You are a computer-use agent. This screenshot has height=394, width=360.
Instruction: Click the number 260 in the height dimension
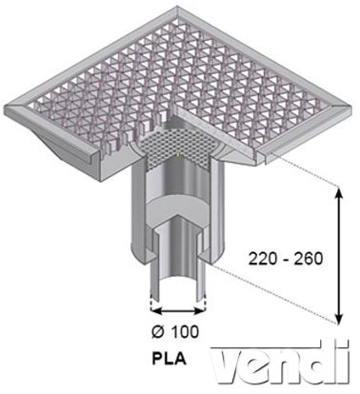coord(308,259)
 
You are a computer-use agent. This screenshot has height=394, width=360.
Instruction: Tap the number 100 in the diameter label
coord(185,332)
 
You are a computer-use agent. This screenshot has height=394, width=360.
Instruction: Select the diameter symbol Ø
coord(159,332)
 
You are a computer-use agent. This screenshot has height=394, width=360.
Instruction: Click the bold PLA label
coord(169,359)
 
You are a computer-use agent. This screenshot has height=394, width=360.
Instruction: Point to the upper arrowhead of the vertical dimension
coord(339,193)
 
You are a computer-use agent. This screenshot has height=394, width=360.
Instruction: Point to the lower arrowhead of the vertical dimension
coord(339,317)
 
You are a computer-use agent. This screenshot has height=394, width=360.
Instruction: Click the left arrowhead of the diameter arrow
coord(157,310)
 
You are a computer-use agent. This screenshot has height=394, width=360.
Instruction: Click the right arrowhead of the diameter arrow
coord(198,310)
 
